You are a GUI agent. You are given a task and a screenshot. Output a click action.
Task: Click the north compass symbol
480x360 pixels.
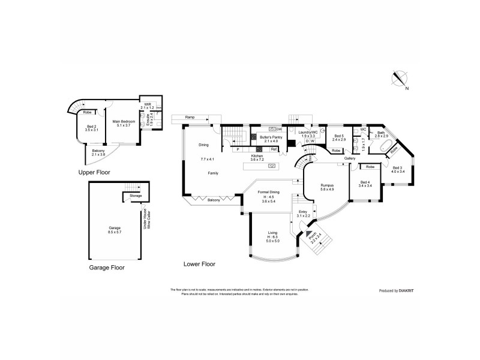click(x=398, y=78)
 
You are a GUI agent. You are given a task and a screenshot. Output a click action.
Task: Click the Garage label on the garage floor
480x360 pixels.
click(x=115, y=228)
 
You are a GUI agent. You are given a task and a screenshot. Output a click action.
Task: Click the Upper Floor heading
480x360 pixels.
click(x=95, y=172)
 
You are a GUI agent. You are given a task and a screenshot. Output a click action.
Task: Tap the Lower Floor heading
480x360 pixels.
click(x=200, y=263)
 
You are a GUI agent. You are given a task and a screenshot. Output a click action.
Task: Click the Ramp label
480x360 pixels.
click(x=190, y=116)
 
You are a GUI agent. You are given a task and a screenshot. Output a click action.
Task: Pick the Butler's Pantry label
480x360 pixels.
click(x=270, y=137)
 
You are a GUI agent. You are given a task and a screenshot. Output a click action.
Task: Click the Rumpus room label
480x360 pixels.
click(x=327, y=185)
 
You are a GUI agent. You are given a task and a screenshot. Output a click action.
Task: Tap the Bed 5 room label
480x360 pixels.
click(x=340, y=136)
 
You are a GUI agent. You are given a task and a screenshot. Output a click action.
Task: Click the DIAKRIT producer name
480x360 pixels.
click(x=406, y=290)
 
